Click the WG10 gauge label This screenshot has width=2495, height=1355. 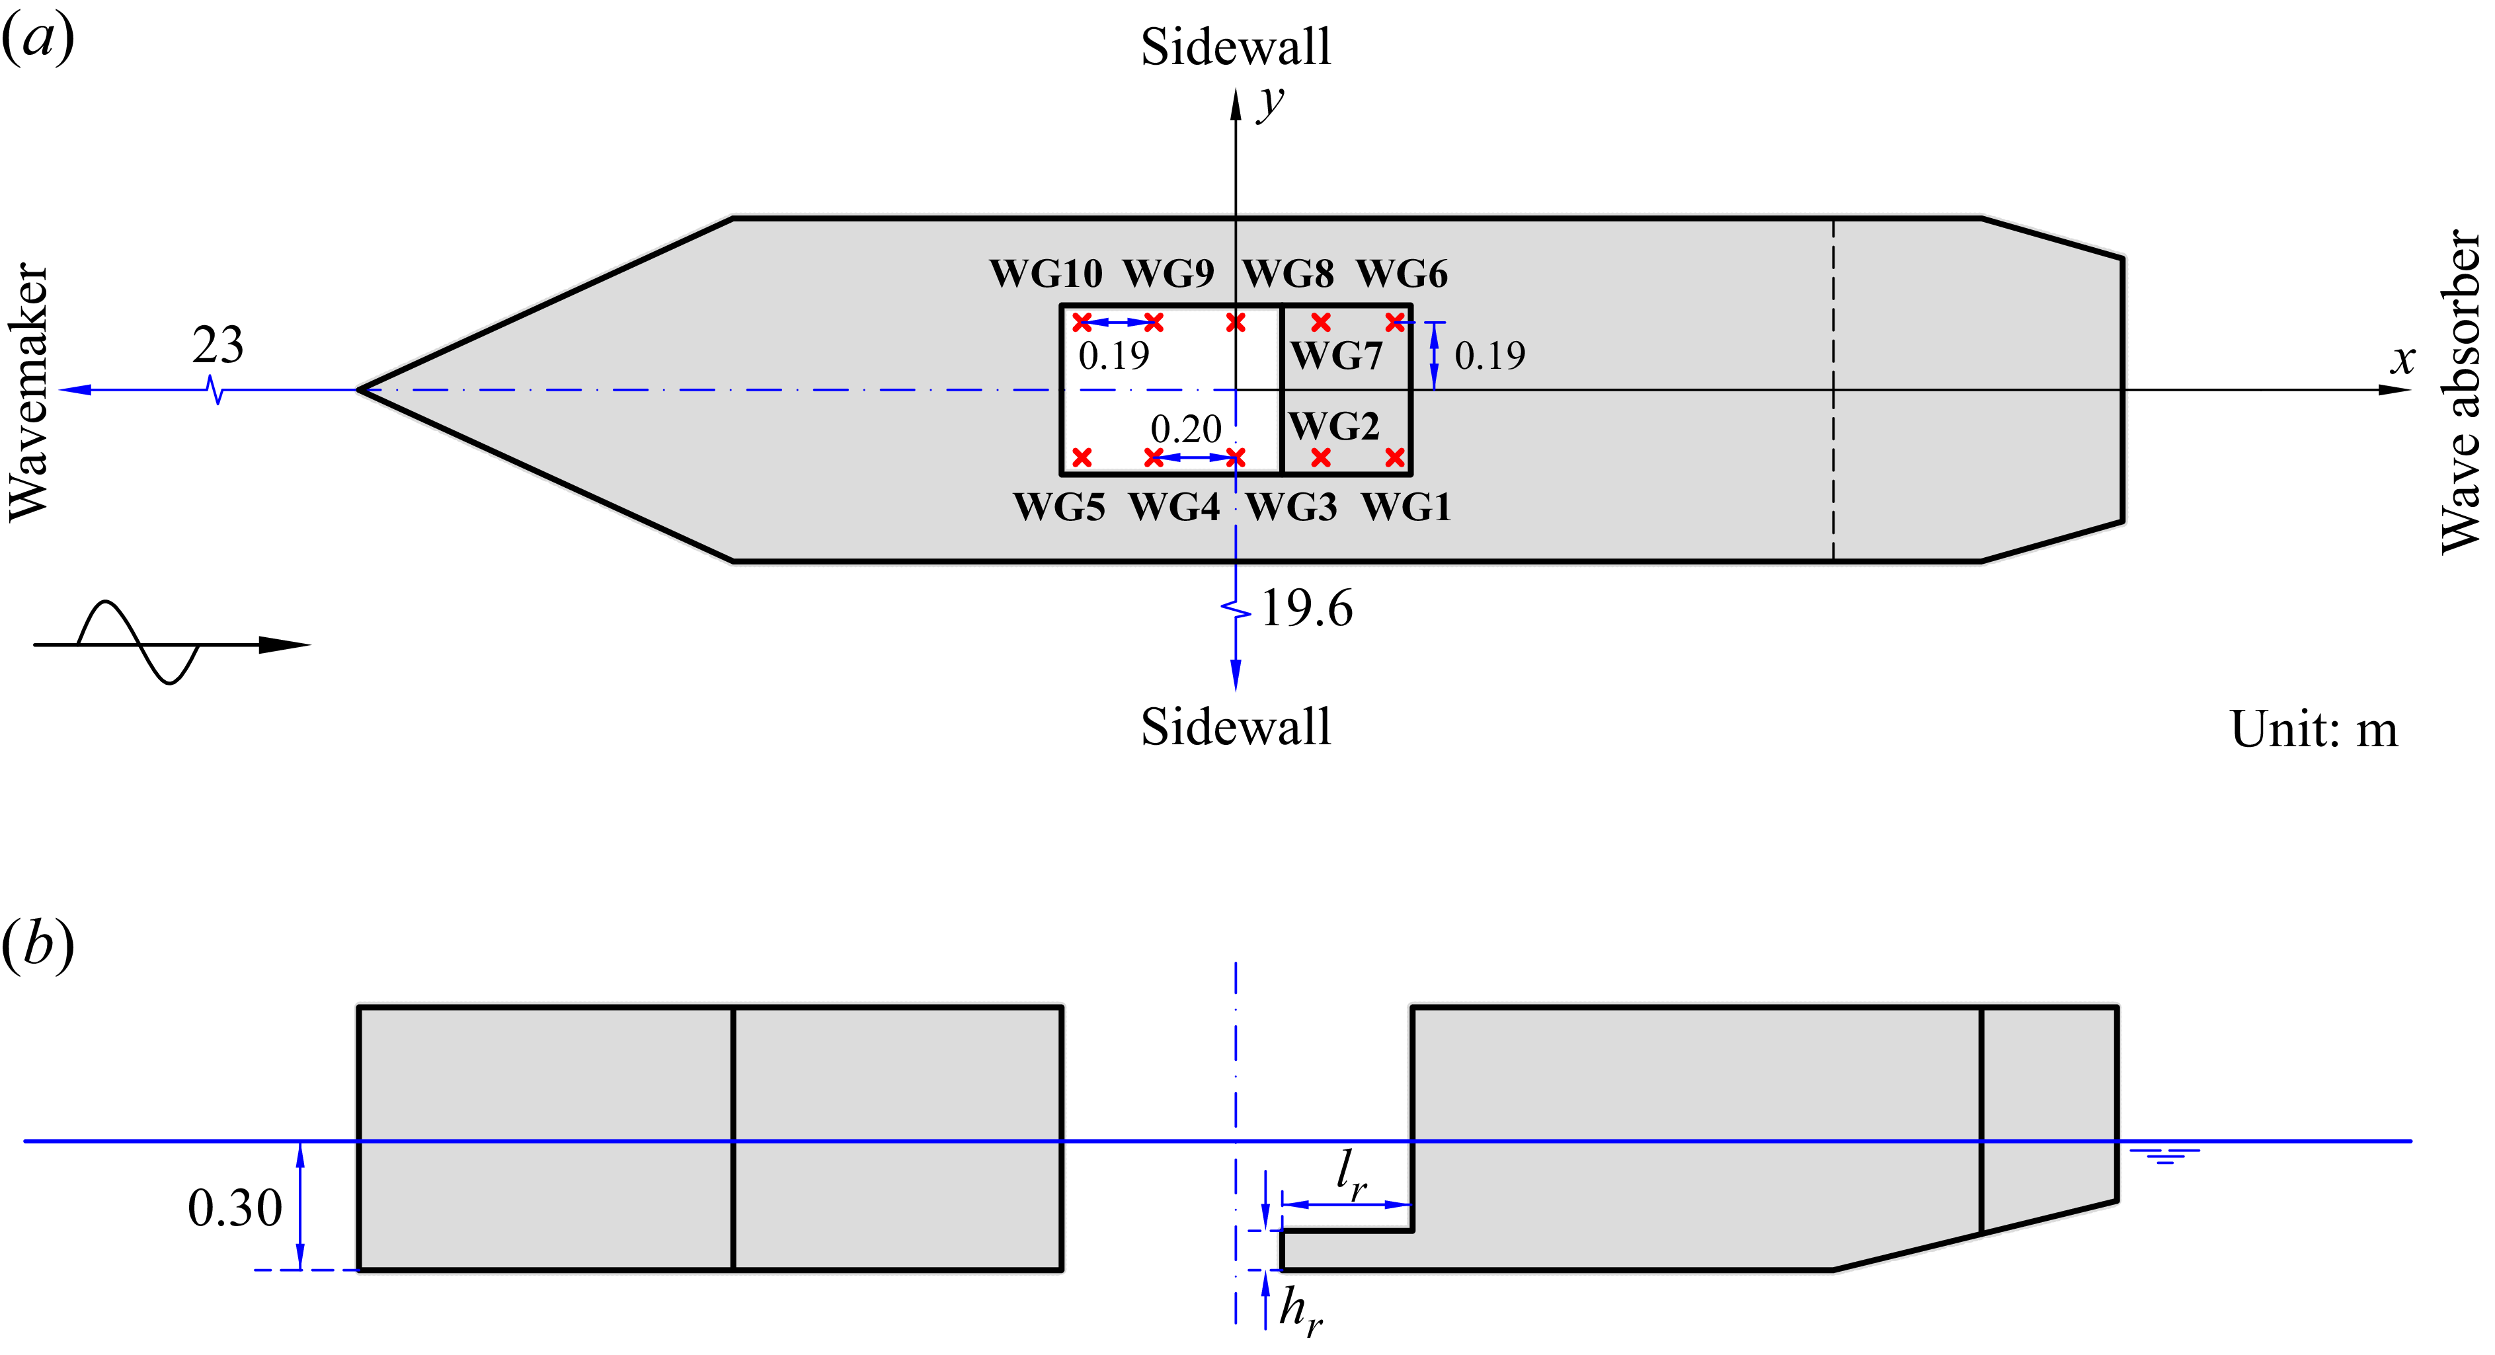(x=1045, y=274)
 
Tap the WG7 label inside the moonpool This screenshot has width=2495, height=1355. (x=1337, y=356)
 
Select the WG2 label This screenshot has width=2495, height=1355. (x=1333, y=426)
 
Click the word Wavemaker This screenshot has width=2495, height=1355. (x=29, y=392)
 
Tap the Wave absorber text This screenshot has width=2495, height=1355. (x=2460, y=392)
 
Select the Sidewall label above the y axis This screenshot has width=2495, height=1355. (x=1235, y=46)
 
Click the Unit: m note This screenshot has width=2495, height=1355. (x=2313, y=729)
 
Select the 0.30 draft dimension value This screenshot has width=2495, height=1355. (x=235, y=1208)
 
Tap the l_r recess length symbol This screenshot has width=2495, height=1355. (x=1350, y=1175)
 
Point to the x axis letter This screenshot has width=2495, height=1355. (x=2402, y=360)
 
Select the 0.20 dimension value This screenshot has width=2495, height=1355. (x=1185, y=429)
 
